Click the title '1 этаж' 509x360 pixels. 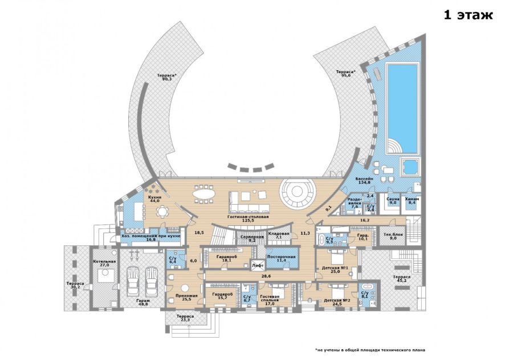pyautogui.click(x=468, y=15)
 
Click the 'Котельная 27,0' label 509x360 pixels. pyautogui.click(x=104, y=263)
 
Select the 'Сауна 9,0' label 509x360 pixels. pyautogui.click(x=393, y=200)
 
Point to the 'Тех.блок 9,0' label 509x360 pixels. pyautogui.click(x=390, y=236)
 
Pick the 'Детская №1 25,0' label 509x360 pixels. pyautogui.click(x=336, y=269)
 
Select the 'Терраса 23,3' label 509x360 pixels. pyautogui.click(x=184, y=318)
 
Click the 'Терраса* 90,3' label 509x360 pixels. pyautogui.click(x=167, y=78)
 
